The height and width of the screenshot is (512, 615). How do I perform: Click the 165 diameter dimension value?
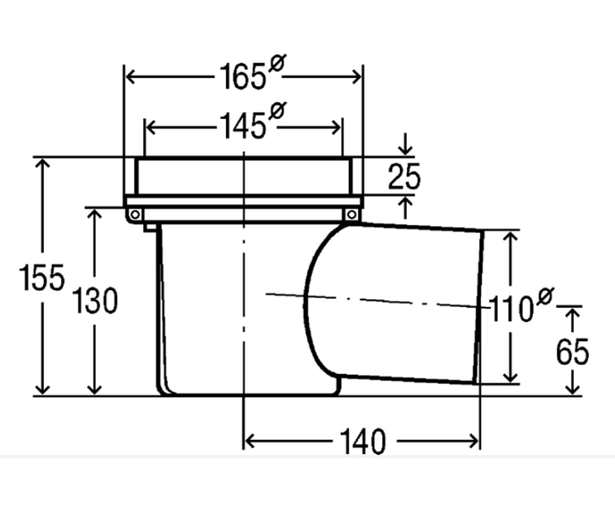point(243,77)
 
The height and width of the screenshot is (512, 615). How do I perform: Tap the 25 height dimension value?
point(404,176)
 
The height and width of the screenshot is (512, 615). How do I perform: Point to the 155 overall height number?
point(42,277)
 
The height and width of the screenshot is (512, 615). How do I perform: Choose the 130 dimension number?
point(95,301)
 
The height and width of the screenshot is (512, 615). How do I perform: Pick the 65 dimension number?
point(572,352)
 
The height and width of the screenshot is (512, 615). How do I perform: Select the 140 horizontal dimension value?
point(363,442)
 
